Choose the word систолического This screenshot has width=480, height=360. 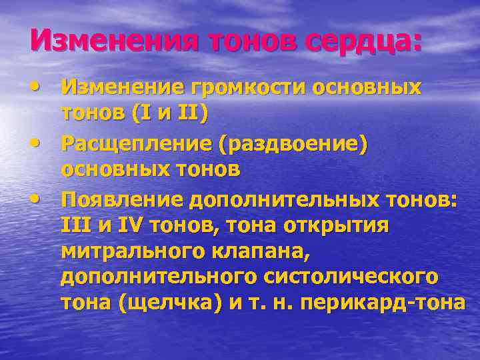(361, 277)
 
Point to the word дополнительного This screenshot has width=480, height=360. (167, 277)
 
